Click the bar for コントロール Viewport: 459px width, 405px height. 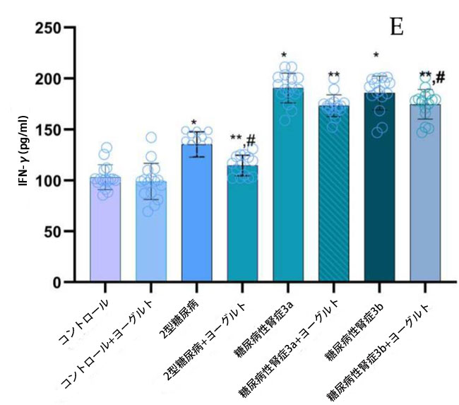pos(105,233)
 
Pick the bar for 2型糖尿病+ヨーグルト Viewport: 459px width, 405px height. pos(242,226)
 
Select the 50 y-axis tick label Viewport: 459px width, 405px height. pos(54,231)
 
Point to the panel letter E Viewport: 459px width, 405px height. pos(397,27)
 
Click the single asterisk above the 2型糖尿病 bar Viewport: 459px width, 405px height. pos(193,122)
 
